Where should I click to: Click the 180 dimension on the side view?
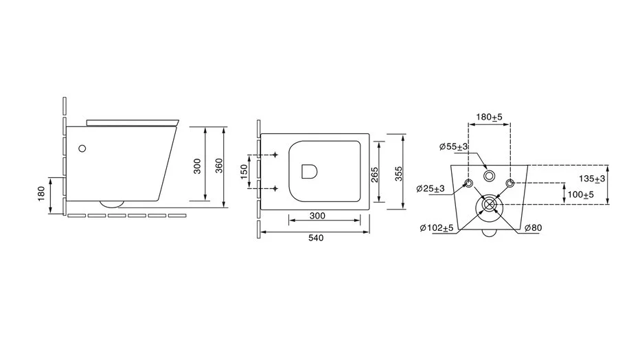click(x=41, y=194)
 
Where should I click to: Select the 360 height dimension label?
click(x=219, y=166)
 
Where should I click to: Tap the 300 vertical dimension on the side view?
click(x=197, y=166)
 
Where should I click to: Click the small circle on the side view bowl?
click(x=82, y=148)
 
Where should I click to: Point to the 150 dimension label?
click(x=244, y=172)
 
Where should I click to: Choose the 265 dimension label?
click(x=374, y=175)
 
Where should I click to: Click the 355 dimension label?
click(x=399, y=174)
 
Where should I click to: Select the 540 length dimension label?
click(x=316, y=238)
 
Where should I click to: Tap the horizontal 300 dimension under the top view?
click(x=317, y=216)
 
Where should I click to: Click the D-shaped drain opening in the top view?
click(x=310, y=172)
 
